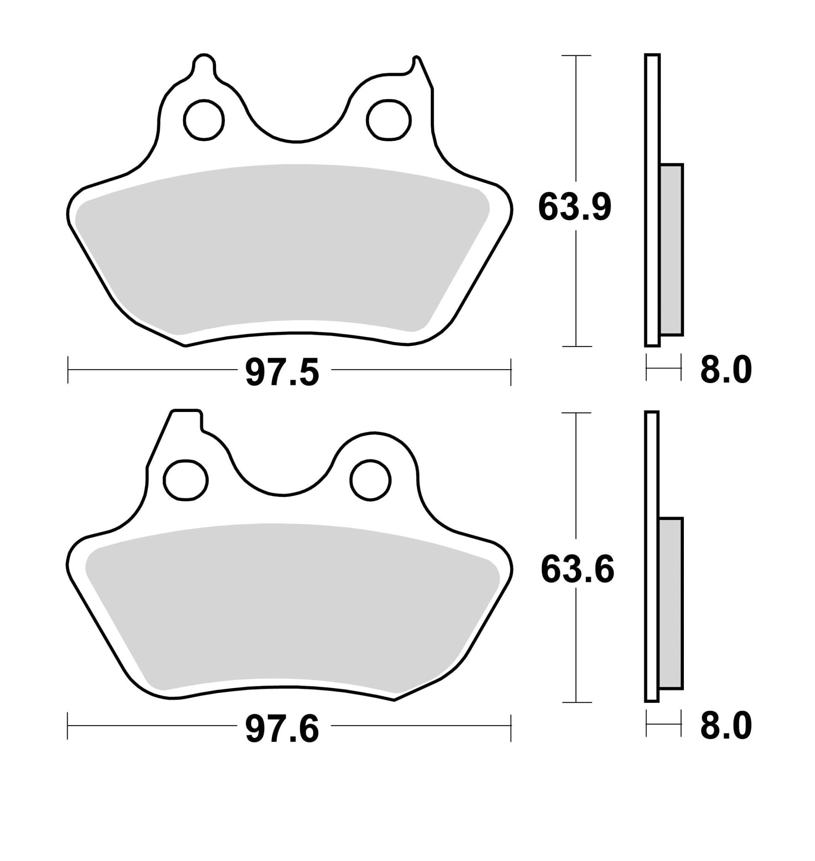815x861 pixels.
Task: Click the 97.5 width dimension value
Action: [x=282, y=372]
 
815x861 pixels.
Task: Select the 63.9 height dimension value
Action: [x=574, y=207]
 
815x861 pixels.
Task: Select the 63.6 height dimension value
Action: [x=577, y=569]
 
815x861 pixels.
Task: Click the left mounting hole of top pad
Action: [x=204, y=120]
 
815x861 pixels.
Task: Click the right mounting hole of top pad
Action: [x=388, y=120]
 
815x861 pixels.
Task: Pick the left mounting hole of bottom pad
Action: [x=185, y=480]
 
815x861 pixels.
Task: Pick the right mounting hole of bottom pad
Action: [x=371, y=480]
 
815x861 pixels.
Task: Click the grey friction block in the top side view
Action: [x=671, y=250]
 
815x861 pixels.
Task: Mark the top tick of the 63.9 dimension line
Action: [x=576, y=55]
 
